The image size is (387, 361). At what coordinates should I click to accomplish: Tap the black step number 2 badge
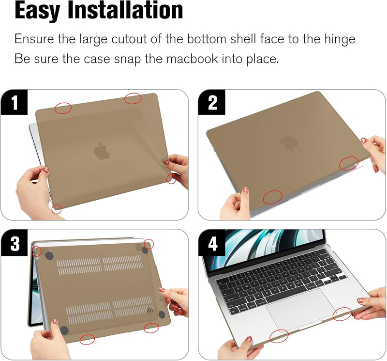pos(212,103)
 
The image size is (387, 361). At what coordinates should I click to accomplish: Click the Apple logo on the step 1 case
pos(101,151)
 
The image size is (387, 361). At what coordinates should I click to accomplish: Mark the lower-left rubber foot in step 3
pos(63,330)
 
